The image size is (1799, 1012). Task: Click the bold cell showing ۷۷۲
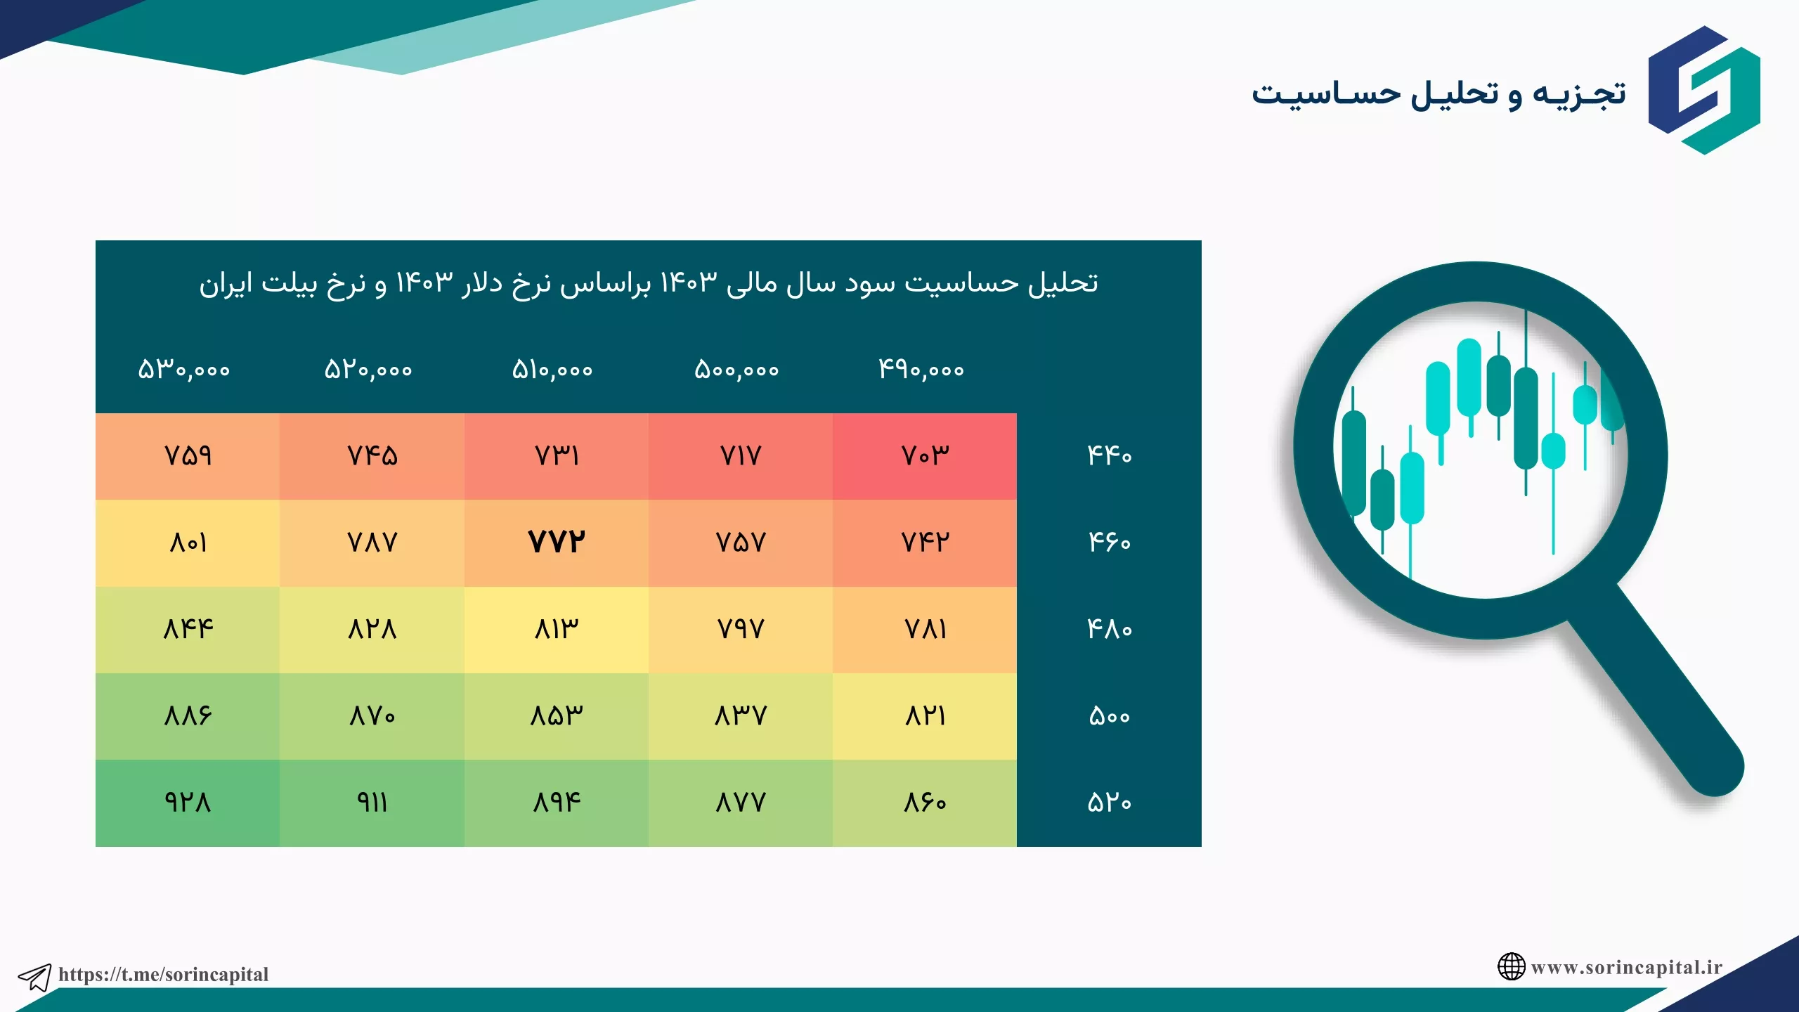[x=556, y=543]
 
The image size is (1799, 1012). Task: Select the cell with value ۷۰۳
[x=925, y=456]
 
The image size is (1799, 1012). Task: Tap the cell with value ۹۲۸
[x=188, y=803]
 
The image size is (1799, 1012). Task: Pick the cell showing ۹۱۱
[x=372, y=803]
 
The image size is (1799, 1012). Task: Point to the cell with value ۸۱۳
[x=556, y=630]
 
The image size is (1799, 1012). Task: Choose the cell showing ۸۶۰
[x=925, y=803]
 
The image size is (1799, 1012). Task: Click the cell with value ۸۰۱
[x=188, y=543]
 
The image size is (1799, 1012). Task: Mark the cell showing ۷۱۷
[x=741, y=456]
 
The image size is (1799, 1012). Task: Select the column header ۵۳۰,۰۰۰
[x=184, y=370]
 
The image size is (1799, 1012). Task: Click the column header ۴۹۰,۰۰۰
[x=921, y=370]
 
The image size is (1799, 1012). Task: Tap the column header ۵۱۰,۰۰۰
[x=552, y=370]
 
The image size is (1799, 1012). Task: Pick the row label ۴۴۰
[x=1110, y=456]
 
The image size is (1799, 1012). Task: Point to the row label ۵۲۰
[x=1110, y=803]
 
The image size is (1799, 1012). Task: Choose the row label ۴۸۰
[x=1110, y=630]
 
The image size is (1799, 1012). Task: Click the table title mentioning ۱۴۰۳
[x=648, y=284]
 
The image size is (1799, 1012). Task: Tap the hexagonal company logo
[x=1704, y=90]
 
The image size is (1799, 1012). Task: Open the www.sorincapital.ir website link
[x=1626, y=968]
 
